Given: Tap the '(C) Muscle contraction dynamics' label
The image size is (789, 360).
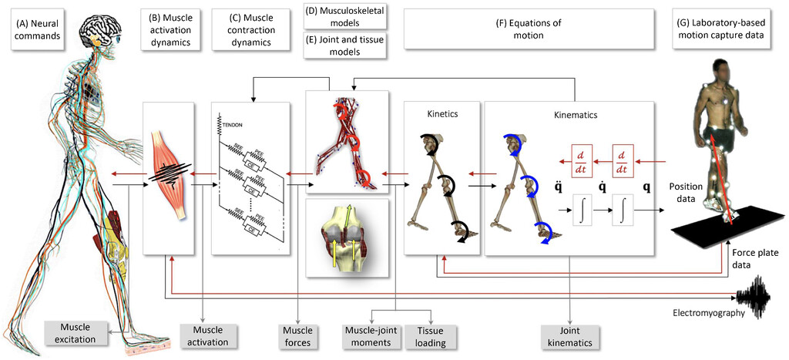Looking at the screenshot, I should (248, 29).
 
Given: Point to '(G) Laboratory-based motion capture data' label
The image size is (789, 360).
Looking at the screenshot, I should (727, 29).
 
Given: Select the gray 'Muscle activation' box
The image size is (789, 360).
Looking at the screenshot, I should (203, 335).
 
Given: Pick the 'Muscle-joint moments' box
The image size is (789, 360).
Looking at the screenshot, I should (370, 335).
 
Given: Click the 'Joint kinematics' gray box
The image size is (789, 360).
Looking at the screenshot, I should (569, 335).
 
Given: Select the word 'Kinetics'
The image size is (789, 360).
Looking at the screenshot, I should (443, 113).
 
